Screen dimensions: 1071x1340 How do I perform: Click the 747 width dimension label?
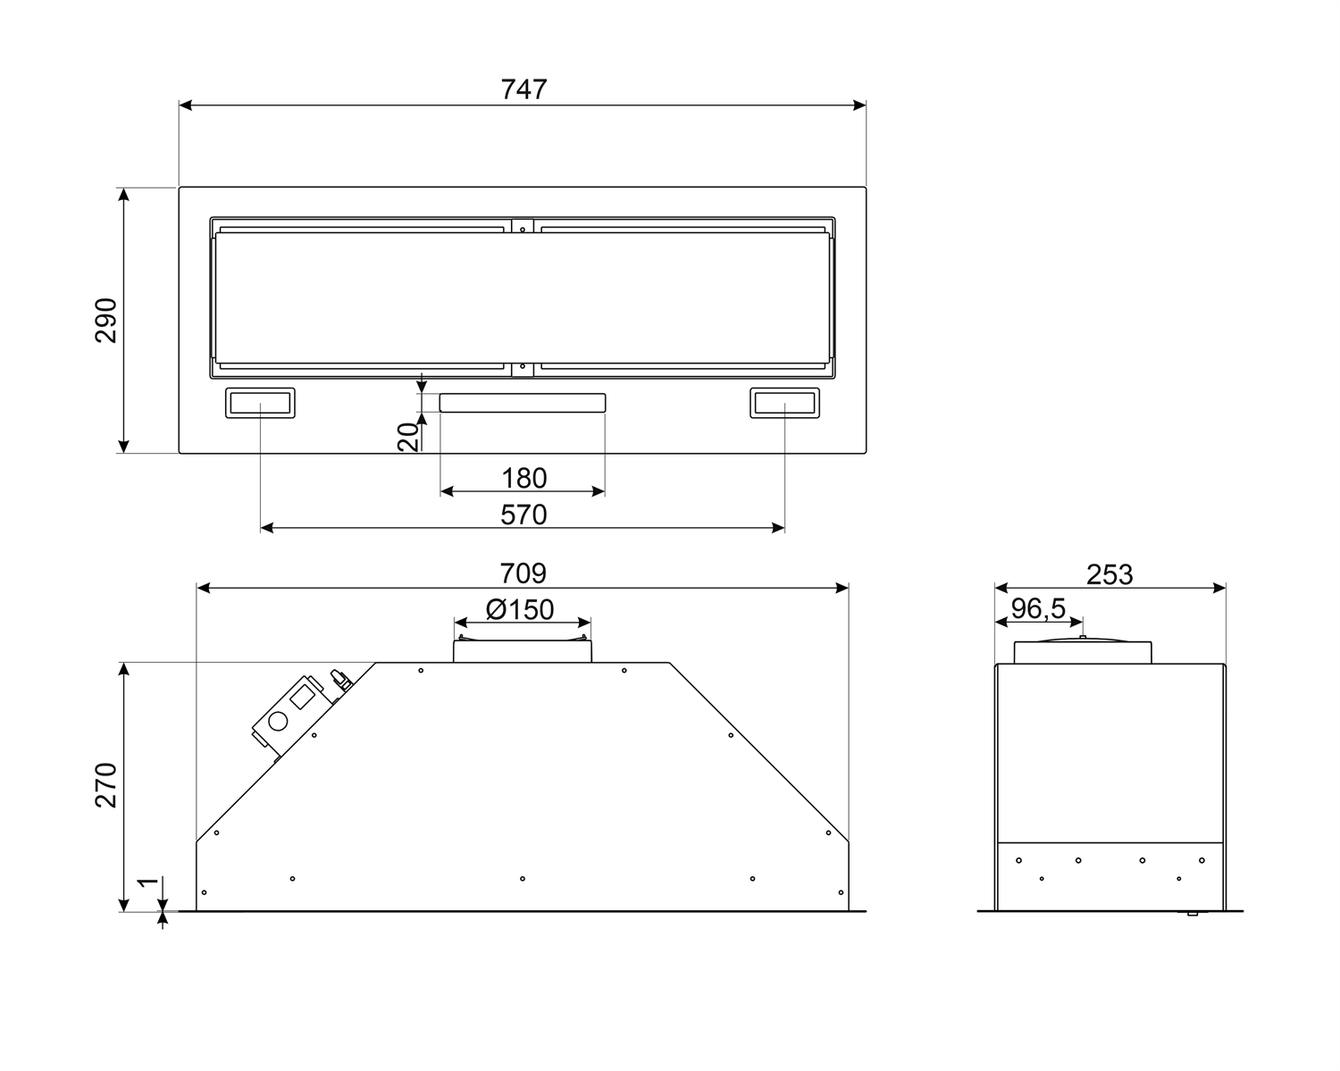coord(523,89)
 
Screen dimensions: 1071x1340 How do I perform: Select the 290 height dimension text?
coord(106,320)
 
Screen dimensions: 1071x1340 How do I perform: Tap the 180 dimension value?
coord(523,478)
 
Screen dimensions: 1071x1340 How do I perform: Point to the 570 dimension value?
coord(523,515)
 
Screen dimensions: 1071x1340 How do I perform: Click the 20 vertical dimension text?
coord(408,437)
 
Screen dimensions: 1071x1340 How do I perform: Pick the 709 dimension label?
coord(523,573)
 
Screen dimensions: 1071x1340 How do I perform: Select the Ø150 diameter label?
coord(520,609)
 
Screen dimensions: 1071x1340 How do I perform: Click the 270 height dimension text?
coord(106,785)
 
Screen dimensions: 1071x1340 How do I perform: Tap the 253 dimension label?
coord(1110,574)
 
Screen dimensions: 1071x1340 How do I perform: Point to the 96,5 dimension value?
coord(1038,608)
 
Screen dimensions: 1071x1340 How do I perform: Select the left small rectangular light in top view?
coord(260,404)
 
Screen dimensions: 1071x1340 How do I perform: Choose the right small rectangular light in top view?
coord(784,404)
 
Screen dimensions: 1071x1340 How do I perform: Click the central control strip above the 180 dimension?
coord(523,403)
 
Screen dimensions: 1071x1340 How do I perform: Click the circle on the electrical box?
coord(278,721)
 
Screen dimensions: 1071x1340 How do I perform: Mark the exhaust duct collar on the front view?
coord(523,650)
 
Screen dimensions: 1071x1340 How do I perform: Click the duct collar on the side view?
coord(1082,652)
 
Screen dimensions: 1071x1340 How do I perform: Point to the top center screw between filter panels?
coord(523,228)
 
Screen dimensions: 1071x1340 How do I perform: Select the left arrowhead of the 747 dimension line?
coord(184,105)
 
